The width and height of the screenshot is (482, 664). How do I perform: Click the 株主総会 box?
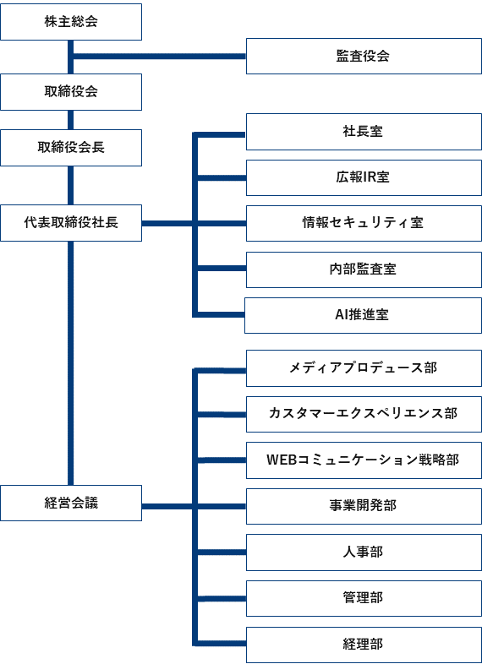point(71,22)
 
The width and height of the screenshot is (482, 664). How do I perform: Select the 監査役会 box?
point(364,57)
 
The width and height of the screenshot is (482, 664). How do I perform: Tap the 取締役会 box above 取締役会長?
point(71,92)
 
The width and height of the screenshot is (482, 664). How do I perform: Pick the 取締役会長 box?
point(71,147)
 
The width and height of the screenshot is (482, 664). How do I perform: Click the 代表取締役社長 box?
point(71,223)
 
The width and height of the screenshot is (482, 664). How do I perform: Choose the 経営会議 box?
point(71,503)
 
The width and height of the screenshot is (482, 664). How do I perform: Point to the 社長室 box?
point(364,132)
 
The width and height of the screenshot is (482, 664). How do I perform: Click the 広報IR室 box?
point(364,177)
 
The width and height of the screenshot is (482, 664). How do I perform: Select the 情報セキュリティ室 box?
point(364,223)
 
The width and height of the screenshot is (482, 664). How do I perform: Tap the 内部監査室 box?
point(364,269)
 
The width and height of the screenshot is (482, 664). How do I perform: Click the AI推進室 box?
point(363,315)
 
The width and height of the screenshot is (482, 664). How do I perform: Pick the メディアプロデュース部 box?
point(364,368)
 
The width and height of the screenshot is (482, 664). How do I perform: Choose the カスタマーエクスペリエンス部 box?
point(364,414)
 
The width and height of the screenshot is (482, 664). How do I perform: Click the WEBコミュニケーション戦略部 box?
point(364,460)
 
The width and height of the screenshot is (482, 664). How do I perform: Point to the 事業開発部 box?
point(364,506)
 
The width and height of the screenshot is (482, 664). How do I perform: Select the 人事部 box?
point(364,552)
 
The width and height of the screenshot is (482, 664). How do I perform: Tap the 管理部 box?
point(364,598)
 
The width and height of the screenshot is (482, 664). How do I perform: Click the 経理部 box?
point(364,645)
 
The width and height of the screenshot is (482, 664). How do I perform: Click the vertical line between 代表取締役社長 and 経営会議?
point(71,363)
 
